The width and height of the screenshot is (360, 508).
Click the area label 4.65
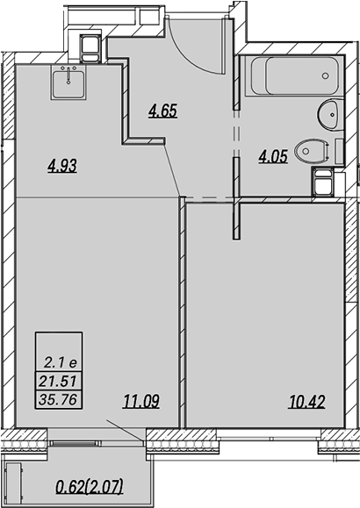coord(162,111)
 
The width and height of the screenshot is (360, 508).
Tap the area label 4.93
coord(62,166)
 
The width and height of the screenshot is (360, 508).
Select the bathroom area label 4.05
coord(273,156)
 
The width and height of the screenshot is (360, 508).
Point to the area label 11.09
coord(141,402)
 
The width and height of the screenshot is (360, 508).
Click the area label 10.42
coord(306,402)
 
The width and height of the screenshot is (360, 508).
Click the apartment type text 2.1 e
coord(61,362)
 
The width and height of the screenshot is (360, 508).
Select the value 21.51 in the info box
coord(58,381)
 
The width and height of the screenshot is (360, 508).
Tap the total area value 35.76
coord(58,399)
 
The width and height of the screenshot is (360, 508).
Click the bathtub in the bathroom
coord(294,75)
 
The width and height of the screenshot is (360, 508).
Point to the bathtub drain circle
coord(325,75)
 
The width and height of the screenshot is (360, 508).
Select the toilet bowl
coord(313,151)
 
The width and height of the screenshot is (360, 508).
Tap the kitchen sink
coord(68,82)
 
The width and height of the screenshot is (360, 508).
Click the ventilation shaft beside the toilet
coord(323,182)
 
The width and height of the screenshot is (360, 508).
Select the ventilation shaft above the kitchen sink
coord(90,48)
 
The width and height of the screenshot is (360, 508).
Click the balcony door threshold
coord(75,443)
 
